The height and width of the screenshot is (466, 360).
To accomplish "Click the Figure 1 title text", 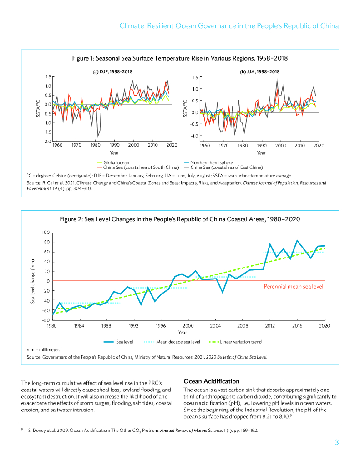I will point(180,58).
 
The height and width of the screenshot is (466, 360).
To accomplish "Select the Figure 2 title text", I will point(180,219).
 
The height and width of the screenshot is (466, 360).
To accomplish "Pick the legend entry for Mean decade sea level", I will point(177,342).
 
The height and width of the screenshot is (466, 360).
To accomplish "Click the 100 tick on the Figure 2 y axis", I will point(46,233).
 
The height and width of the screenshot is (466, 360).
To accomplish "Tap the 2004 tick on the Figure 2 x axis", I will point(215,326).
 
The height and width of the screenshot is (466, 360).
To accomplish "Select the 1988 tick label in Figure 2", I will point(106,326).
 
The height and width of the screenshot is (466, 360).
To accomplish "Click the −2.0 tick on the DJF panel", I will point(47,142).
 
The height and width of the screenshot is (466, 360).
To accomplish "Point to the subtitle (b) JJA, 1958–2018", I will point(259,71).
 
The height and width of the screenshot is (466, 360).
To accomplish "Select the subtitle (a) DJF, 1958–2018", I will point(112,71).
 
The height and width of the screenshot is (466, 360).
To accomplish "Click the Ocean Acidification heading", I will point(211,381).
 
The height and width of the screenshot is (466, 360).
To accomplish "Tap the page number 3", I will point(336,442).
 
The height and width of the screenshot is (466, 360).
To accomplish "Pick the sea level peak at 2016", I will point(297,240).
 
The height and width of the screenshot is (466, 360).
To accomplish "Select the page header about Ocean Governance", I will point(229,25).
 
